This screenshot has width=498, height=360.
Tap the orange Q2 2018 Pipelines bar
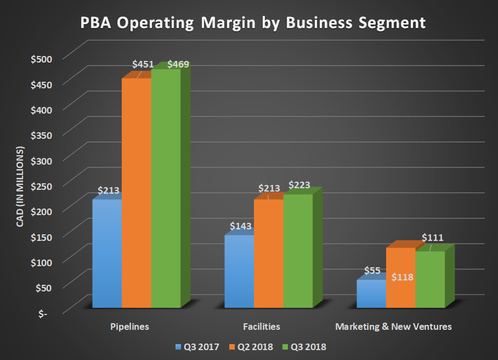(x=136, y=192)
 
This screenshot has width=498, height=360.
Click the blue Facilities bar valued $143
(x=239, y=271)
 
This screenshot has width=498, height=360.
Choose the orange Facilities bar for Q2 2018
(x=269, y=252)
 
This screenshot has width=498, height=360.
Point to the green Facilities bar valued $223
(x=298, y=250)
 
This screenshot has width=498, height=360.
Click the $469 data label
(x=178, y=64)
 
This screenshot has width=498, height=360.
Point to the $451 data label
(x=143, y=64)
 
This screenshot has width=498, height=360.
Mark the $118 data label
(x=403, y=277)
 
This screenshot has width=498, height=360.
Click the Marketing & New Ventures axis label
(x=393, y=327)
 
